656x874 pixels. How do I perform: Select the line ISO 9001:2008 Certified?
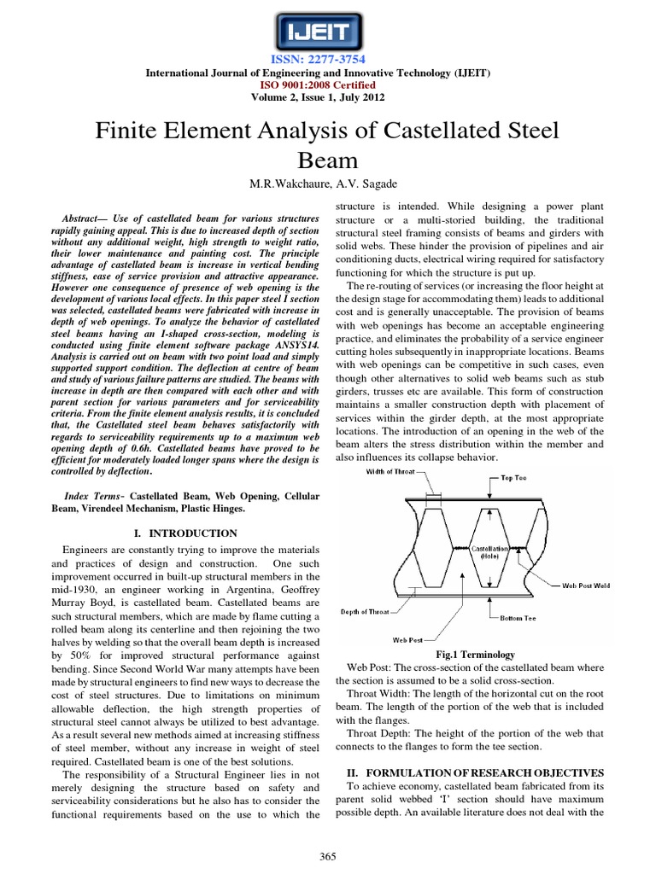[329, 85]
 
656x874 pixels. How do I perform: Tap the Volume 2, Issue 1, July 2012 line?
[329, 97]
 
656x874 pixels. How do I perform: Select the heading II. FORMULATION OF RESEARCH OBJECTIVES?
[484, 772]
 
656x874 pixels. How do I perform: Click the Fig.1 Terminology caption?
[483, 655]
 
